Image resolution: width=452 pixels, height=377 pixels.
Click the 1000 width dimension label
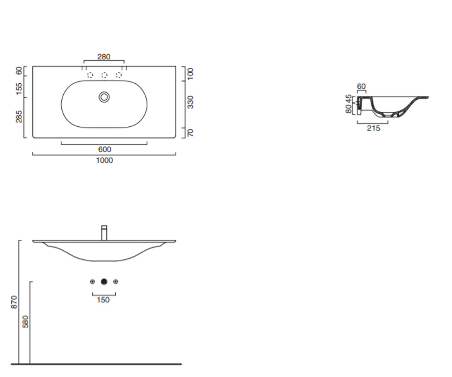pos(104,160)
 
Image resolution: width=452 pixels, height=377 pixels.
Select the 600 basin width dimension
pos(105,149)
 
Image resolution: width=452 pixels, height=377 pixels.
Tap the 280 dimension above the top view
pos(104,57)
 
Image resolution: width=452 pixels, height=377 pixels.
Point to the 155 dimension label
pos(19,89)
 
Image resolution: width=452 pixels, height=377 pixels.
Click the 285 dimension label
pos(19,116)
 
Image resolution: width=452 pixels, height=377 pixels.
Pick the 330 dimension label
pos(190,102)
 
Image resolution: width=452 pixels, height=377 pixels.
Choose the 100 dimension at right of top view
pos(190,74)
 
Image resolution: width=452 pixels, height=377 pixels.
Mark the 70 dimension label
pos(190,133)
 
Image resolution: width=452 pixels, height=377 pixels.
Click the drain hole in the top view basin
pos(104,97)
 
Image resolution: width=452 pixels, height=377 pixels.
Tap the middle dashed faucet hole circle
pos(104,75)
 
